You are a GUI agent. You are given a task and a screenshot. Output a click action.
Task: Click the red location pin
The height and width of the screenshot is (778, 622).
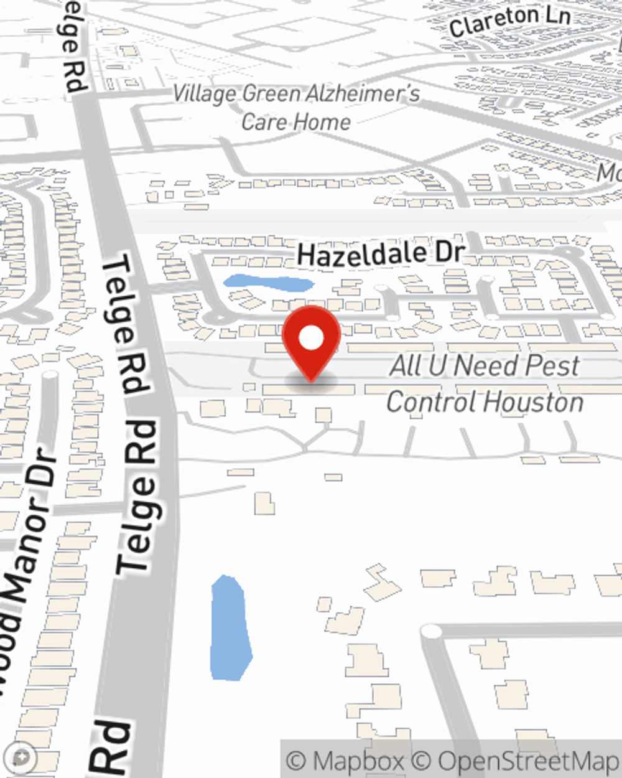point(311,342)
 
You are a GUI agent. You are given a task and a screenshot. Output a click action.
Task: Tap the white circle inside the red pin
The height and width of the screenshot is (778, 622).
point(311,339)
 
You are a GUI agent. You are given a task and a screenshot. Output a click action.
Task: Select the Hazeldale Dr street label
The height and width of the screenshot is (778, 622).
point(381,254)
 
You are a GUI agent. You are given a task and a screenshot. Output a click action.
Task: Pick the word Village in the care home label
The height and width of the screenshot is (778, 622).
point(205,94)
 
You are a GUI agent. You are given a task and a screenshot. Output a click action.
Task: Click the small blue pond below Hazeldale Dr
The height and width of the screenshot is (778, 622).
point(268,284)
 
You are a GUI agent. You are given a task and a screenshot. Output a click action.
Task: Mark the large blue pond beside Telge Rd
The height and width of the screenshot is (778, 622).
point(230,629)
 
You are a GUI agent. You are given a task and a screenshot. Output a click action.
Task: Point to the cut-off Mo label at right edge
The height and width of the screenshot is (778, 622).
point(609,172)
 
